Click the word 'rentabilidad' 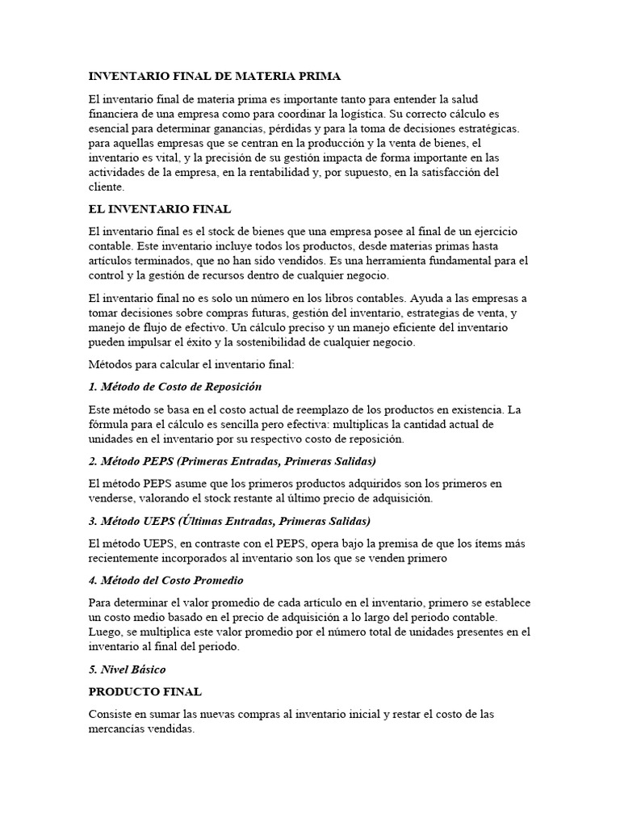[x=307, y=172]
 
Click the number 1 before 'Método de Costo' [x=91, y=387]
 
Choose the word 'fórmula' [x=110, y=424]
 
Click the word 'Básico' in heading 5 [x=147, y=670]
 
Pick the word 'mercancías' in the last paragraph [x=116, y=729]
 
